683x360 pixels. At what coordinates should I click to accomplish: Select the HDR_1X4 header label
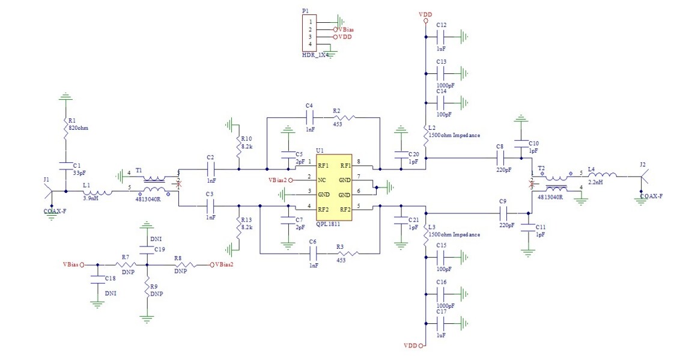[316, 55]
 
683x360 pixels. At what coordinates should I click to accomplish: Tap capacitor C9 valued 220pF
[503, 213]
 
